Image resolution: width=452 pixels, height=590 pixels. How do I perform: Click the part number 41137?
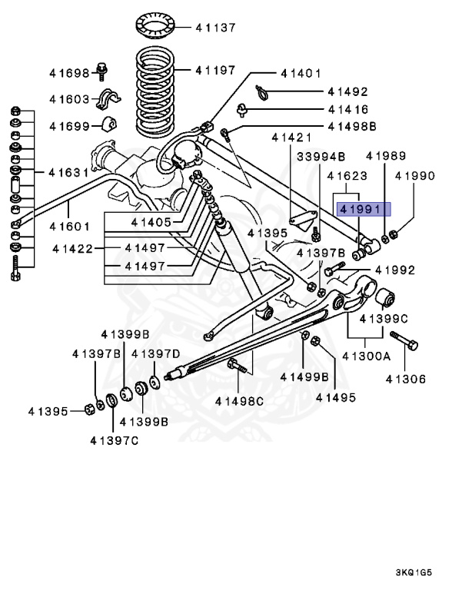tap(214, 28)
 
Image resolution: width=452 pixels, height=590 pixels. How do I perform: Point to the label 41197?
tap(214, 70)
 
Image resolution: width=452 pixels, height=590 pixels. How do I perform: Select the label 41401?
tap(301, 74)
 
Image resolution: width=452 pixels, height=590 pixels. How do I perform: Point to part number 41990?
tap(415, 176)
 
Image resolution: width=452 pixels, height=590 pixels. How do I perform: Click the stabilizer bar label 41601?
tap(69, 227)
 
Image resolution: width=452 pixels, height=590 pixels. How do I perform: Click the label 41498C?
tap(239, 400)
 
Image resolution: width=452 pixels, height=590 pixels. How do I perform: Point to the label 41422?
tap(74, 248)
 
